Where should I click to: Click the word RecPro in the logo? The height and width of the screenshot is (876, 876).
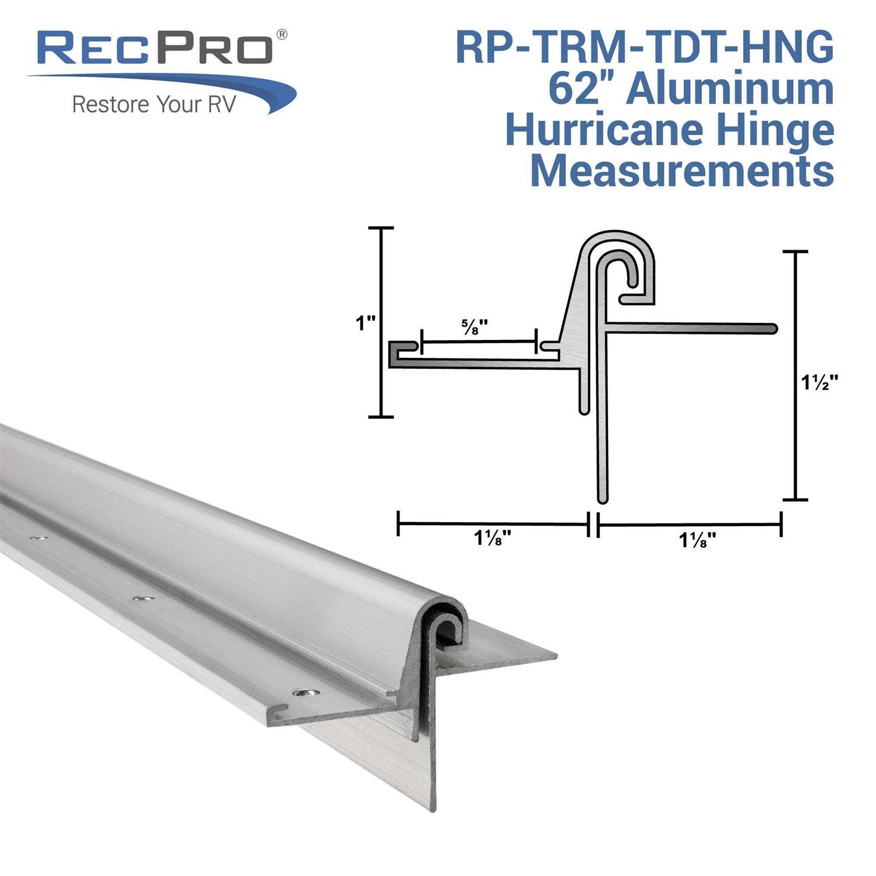155,50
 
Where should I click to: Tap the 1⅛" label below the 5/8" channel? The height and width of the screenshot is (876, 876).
493,539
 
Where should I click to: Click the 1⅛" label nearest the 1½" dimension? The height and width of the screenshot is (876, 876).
697,541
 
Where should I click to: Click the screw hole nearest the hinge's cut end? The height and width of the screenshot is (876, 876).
305,693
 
